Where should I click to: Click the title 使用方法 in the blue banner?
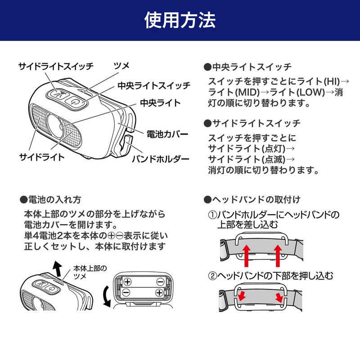pyautogui.click(x=180, y=20)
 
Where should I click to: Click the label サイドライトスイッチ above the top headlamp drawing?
pyautogui.click(x=56, y=66)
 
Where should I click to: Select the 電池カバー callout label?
pyautogui.click(x=167, y=134)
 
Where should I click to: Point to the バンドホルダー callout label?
pyautogui.click(x=160, y=159)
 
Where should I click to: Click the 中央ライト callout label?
pyautogui.click(x=160, y=103)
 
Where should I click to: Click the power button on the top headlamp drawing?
pyautogui.click(x=75, y=102)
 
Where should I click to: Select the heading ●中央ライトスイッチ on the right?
pyautogui.click(x=248, y=67)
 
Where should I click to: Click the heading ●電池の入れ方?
pyautogui.click(x=51, y=199)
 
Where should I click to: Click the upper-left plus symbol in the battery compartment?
pyautogui.click(x=127, y=282)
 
